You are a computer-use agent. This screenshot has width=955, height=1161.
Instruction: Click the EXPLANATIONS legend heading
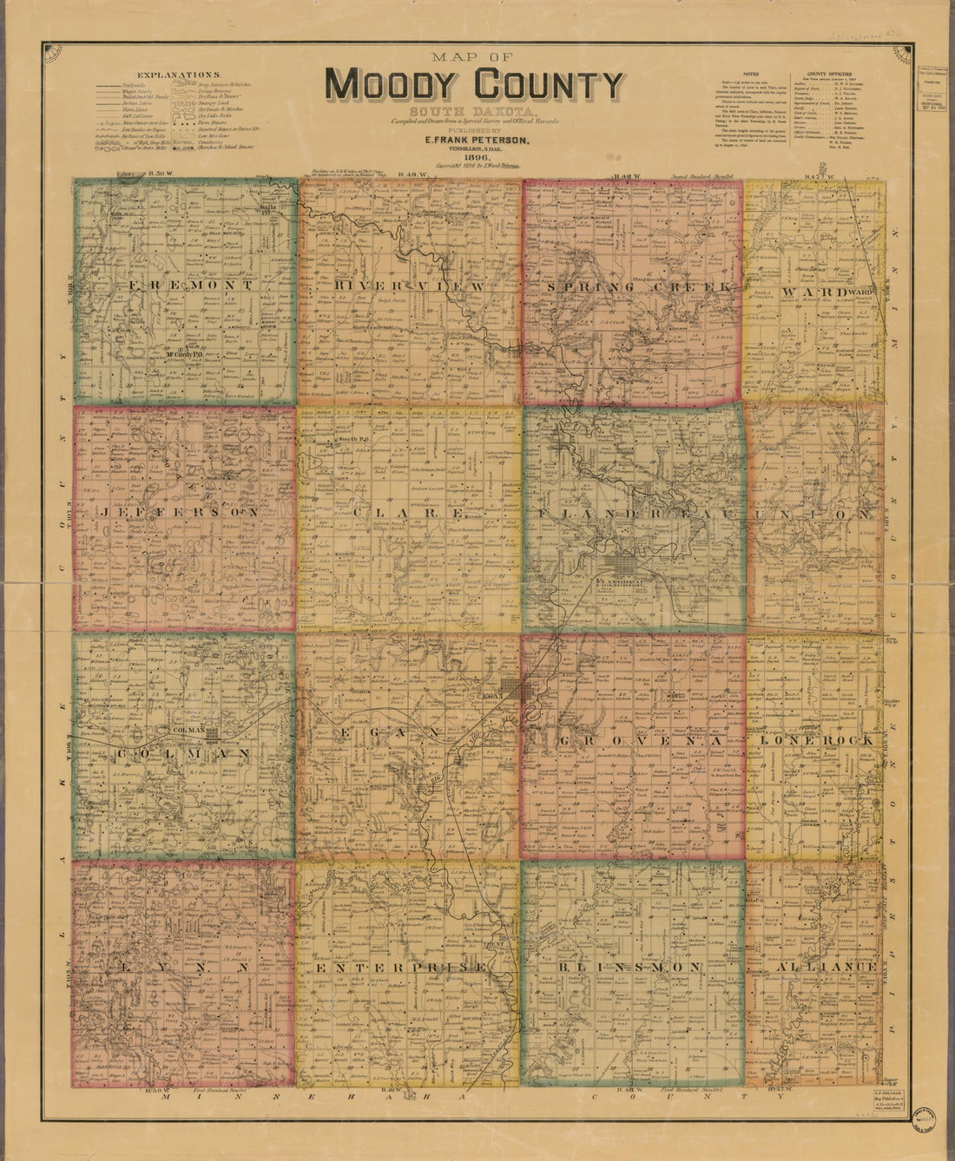coord(184,75)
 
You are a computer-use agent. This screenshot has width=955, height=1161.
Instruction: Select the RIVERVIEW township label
coord(407,285)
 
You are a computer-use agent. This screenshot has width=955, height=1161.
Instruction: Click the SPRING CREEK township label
coord(633,285)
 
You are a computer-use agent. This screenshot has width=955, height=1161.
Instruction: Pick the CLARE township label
coord(407,513)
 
